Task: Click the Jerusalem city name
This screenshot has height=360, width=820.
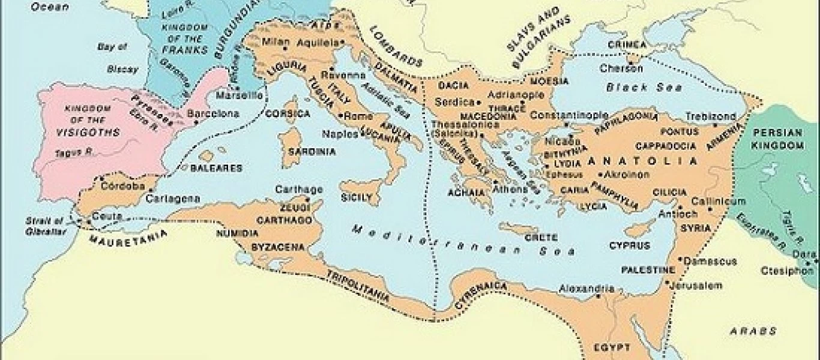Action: click(698, 286)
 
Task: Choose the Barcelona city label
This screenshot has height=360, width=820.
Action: click(213, 113)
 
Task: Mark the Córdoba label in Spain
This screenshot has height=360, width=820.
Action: click(122, 186)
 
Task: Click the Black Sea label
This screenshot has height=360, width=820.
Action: click(644, 88)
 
